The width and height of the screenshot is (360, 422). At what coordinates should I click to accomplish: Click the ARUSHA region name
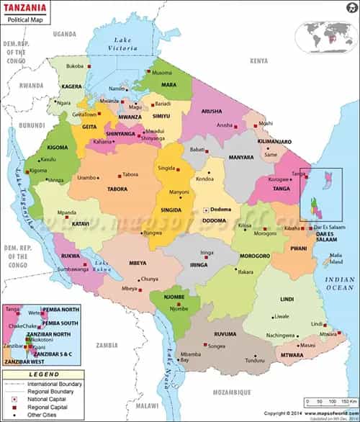tap(212, 112)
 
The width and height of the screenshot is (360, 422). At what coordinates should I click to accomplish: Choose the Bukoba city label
tap(76, 66)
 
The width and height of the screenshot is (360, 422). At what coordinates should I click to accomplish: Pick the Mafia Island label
tap(336, 258)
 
